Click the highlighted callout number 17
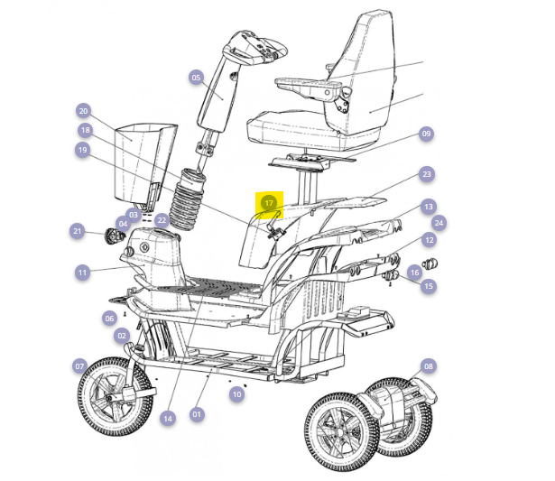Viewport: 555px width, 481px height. click(x=269, y=203)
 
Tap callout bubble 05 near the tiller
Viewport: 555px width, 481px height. click(x=196, y=78)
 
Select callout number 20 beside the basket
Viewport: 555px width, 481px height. click(x=84, y=111)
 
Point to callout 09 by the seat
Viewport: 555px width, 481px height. click(x=426, y=134)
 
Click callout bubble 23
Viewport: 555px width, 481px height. click(x=427, y=174)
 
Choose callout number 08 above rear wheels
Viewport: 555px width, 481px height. click(x=429, y=366)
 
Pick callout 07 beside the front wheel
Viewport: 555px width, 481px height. click(x=79, y=366)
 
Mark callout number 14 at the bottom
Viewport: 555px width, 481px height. click(x=168, y=419)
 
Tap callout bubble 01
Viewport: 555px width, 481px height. click(x=197, y=414)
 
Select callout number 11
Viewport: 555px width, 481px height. click(x=82, y=273)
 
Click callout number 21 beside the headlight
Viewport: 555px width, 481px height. click(x=78, y=231)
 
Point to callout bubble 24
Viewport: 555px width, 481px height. click(x=439, y=223)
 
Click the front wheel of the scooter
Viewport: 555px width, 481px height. click(x=116, y=396)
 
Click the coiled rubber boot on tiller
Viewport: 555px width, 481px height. click(x=188, y=200)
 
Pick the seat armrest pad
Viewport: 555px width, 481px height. click(x=309, y=84)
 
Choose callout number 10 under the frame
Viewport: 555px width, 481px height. click(x=236, y=394)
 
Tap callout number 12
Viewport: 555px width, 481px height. click(x=429, y=240)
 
